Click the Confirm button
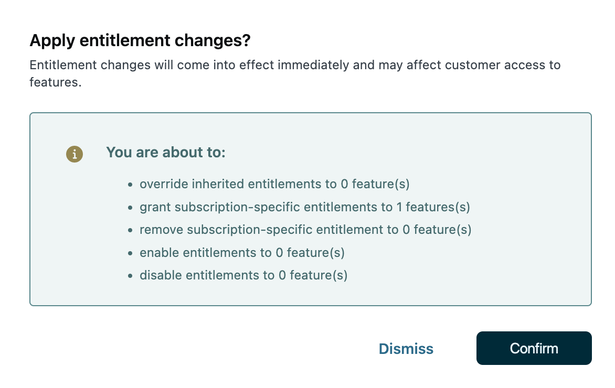point(534,348)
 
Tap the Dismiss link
point(406,349)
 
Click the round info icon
point(75,154)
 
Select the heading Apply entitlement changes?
point(140,40)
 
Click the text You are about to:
point(166,153)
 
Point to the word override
point(164,184)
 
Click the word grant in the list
point(155,207)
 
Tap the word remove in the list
point(161,230)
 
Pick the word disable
point(161,275)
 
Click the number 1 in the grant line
point(399,207)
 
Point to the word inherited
point(218,184)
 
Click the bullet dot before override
point(130,185)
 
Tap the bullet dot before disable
point(130,276)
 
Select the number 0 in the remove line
point(406,230)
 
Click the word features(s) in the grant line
point(438,207)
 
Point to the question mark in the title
point(246,40)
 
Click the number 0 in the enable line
point(279,253)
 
